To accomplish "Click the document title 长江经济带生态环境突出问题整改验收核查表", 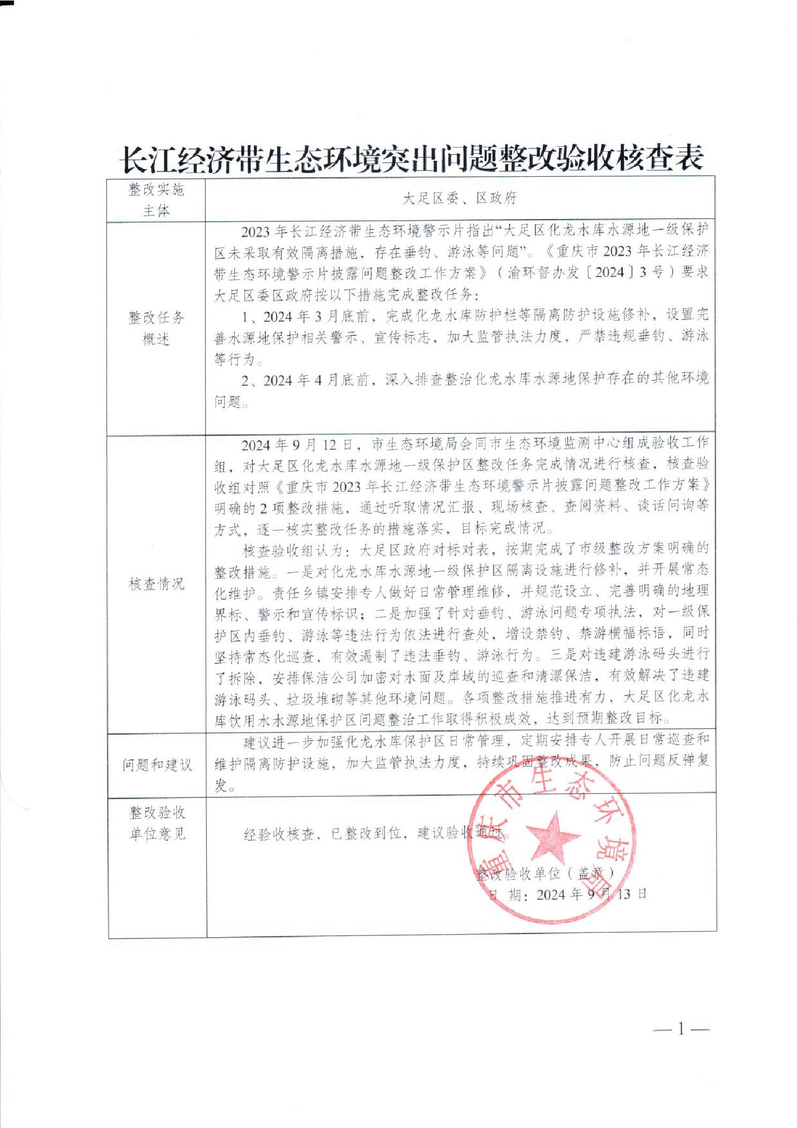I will (x=412, y=159).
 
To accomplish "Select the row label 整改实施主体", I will (x=157, y=200).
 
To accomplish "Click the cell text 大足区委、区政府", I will (x=460, y=199).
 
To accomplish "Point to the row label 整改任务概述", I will (x=157, y=328).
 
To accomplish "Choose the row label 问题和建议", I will (x=157, y=765).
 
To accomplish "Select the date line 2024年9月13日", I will (x=568, y=894).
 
